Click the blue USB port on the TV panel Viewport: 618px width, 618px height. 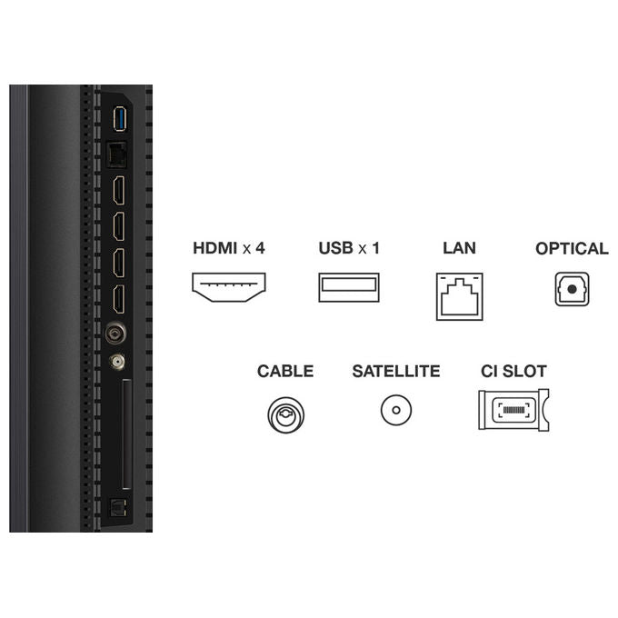[x=119, y=118]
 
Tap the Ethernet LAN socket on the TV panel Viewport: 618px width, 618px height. [x=116, y=154]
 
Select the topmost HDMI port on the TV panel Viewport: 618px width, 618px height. [x=119, y=190]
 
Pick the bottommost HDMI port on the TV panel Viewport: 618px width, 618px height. [x=119, y=299]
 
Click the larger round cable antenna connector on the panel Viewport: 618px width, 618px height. [x=115, y=334]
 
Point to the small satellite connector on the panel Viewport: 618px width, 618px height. [x=117, y=361]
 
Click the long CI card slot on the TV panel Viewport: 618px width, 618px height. [x=126, y=434]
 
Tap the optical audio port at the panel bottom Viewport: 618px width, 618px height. [x=117, y=508]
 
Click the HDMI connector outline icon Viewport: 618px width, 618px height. [x=229, y=287]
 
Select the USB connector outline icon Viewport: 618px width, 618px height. [x=349, y=287]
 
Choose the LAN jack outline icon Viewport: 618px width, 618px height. [x=460, y=296]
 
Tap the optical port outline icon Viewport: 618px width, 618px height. [x=572, y=289]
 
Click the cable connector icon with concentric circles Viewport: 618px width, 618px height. [x=285, y=415]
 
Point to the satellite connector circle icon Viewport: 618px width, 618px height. [x=396, y=410]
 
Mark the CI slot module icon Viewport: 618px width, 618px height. [x=513, y=410]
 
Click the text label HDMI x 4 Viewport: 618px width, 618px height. [x=229, y=248]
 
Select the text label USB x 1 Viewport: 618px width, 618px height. [x=349, y=248]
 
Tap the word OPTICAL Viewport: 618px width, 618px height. [x=572, y=248]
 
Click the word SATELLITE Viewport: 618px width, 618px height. [x=396, y=371]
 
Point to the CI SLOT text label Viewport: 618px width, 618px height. [x=513, y=371]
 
